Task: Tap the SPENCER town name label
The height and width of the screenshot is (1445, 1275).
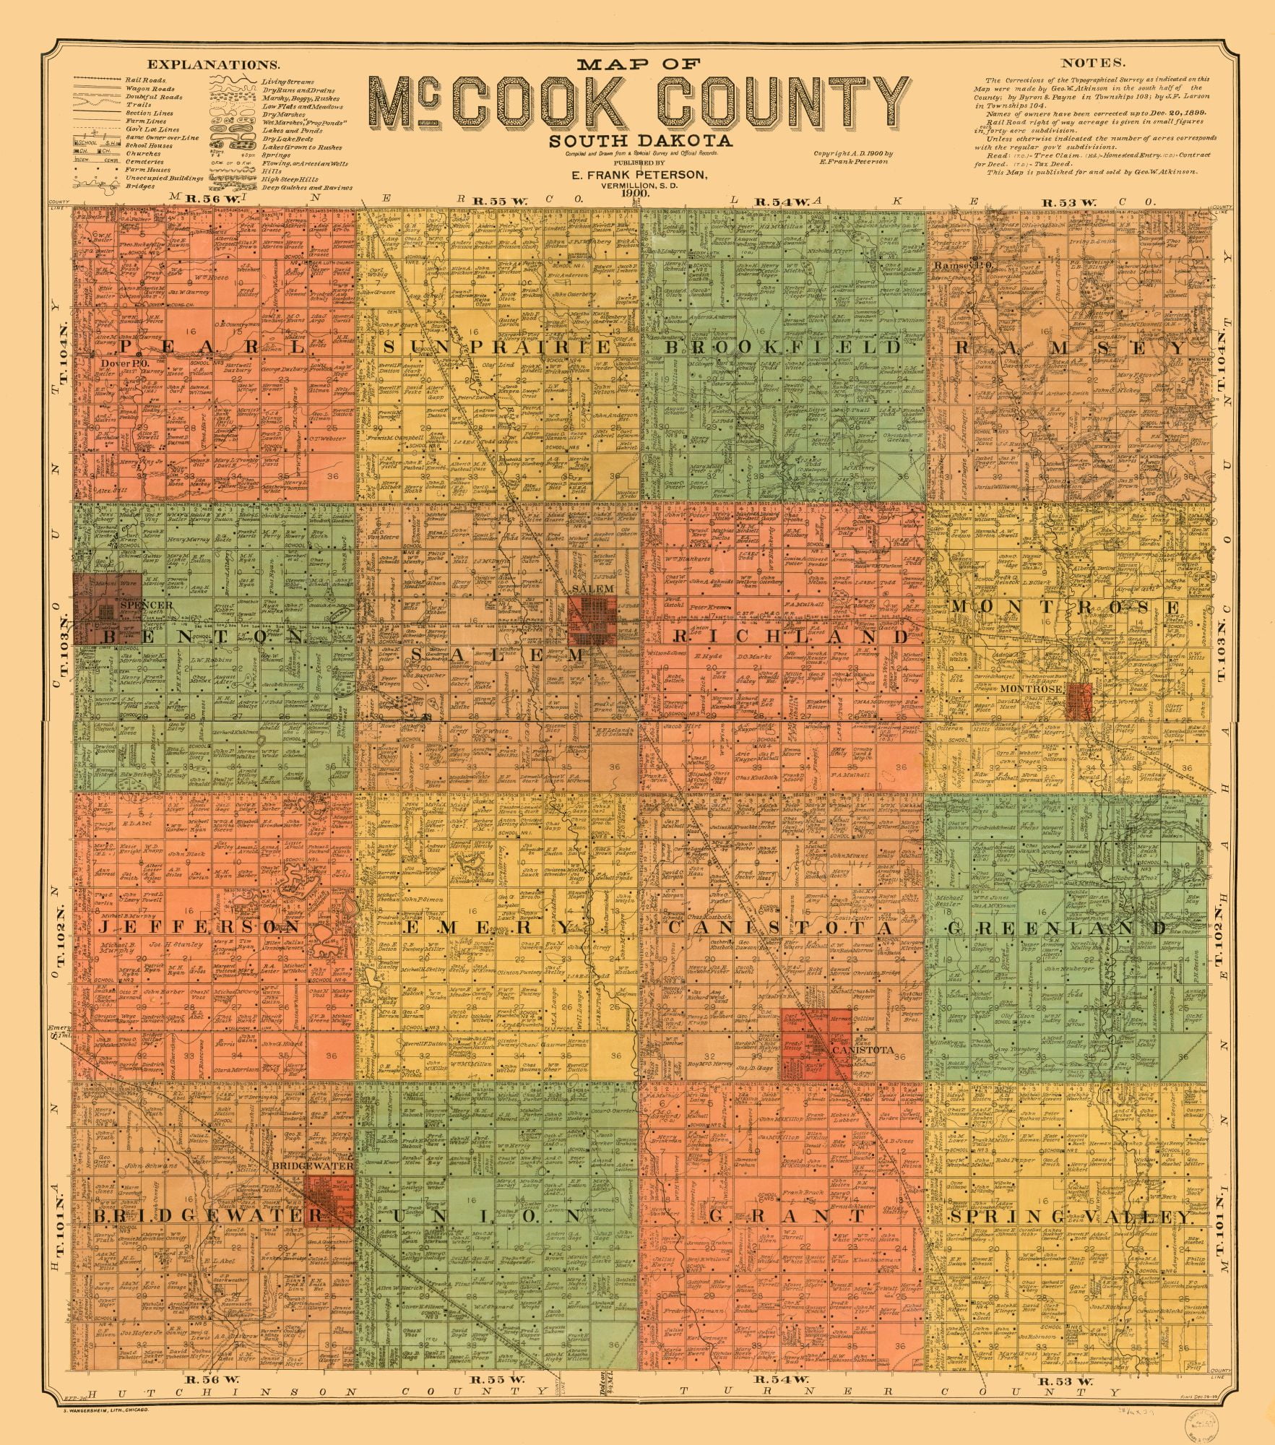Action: pos(147,605)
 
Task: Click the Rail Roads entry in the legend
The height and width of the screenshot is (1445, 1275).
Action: pos(145,80)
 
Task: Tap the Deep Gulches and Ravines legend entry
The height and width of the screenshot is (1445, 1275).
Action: pos(307,188)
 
